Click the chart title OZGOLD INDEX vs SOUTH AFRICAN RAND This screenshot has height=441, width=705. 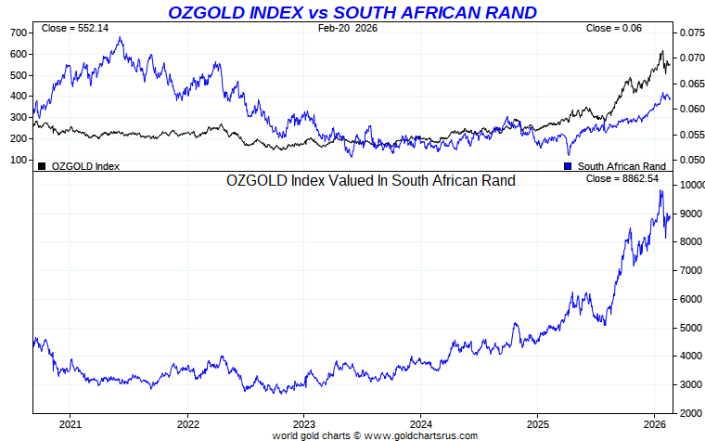tap(352, 12)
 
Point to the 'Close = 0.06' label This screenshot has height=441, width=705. tap(613, 29)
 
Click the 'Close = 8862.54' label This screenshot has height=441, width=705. tap(622, 178)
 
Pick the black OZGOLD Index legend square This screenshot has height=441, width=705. tap(41, 166)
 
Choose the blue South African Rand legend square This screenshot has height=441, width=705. tap(568, 166)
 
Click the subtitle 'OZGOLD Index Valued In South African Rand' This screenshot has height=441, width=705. tap(371, 181)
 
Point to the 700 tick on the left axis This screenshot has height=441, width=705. tap(19, 32)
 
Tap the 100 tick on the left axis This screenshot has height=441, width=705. tap(19, 160)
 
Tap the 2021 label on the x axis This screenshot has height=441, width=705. tap(70, 423)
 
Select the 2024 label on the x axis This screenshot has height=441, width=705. tap(420, 423)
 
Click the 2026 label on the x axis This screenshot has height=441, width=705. tap(654, 423)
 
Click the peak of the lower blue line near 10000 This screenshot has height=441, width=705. tap(660, 190)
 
